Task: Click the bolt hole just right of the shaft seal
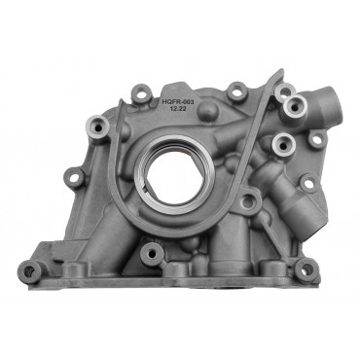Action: click(248, 201)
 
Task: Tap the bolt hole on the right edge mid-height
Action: click(307, 182)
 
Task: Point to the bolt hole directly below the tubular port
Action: click(315, 140)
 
